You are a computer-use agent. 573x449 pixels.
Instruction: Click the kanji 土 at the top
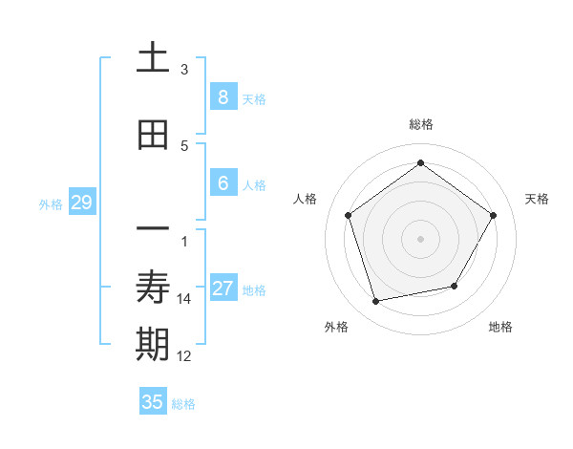coord(153,58)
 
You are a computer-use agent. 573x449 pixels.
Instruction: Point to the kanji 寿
coord(153,288)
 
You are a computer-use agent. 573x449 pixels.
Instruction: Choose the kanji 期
coord(153,345)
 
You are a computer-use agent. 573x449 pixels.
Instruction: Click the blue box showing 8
coord(223,96)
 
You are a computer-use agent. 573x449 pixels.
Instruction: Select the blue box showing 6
coord(223,184)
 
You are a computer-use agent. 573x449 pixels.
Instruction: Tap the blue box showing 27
coord(223,289)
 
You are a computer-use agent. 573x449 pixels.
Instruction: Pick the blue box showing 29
coord(81,203)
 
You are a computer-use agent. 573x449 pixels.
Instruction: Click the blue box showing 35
coord(153,402)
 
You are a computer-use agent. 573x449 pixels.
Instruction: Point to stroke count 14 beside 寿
coord(184,299)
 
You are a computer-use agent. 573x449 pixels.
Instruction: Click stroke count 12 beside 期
coord(184,356)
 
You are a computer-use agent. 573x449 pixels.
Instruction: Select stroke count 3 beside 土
coord(184,70)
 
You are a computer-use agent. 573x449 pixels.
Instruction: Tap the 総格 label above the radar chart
coord(420,124)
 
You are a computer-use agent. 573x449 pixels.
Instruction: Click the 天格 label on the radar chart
coord(537,199)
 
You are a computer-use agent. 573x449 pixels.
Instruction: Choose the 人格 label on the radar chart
coord(305,199)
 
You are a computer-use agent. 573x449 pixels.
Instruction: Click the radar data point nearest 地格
coord(455,286)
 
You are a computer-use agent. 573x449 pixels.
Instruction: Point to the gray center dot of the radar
coord(420,239)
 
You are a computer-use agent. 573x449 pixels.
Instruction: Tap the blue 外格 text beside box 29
coord(51,203)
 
